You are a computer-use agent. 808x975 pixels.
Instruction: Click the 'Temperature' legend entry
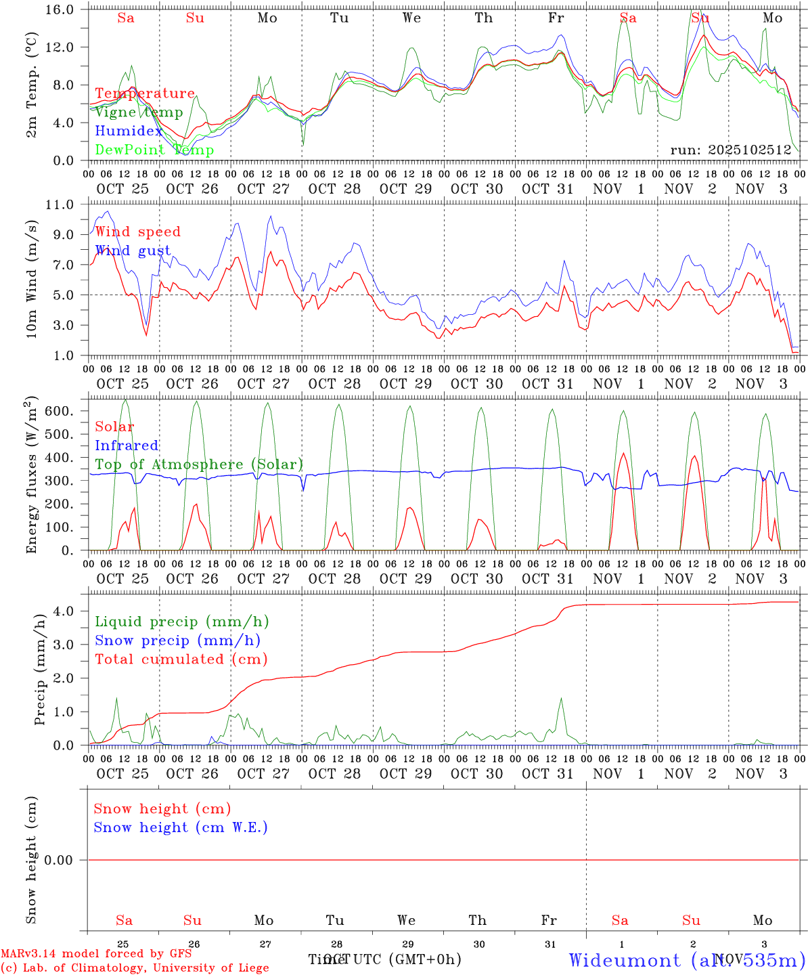145,93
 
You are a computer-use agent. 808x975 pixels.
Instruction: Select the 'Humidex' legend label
129,131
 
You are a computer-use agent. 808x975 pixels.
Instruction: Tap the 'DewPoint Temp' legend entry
154,150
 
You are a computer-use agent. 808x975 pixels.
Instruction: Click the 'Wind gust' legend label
133,251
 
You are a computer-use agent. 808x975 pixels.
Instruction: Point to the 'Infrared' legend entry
127,446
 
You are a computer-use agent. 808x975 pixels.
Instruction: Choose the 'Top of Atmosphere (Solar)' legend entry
199,464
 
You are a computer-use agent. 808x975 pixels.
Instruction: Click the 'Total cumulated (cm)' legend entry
181,659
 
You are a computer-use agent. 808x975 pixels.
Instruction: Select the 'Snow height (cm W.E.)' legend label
181,827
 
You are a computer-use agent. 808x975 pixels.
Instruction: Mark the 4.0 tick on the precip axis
64,611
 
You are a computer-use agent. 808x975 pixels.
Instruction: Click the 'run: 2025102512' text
731,150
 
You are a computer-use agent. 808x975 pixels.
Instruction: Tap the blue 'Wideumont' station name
625,959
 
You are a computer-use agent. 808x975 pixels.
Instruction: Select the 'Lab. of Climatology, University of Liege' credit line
135,968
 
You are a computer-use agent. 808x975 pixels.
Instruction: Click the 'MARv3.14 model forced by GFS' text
96,953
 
